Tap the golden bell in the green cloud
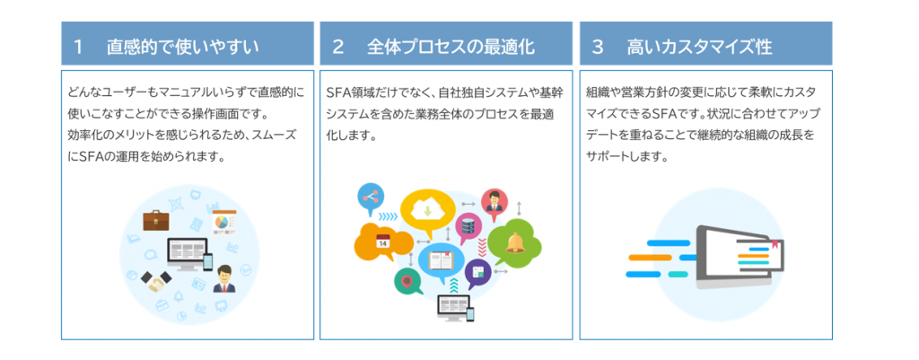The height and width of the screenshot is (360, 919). [x=515, y=241]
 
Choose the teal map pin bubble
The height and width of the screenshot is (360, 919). [x=408, y=281]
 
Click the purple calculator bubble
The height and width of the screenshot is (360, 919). [x=477, y=271]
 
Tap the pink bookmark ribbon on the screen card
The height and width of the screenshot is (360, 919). [x=774, y=239]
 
